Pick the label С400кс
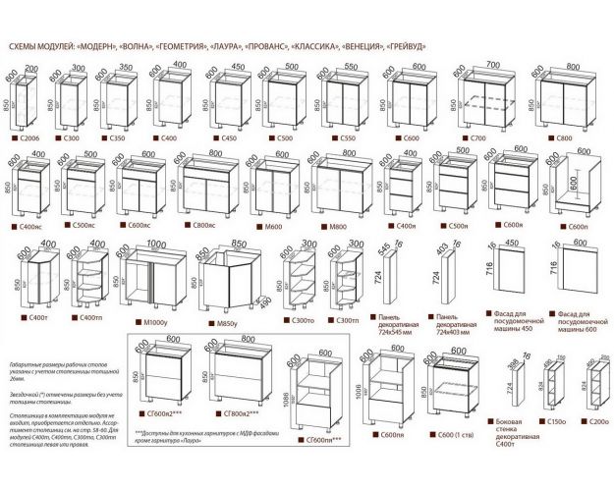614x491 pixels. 30,226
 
